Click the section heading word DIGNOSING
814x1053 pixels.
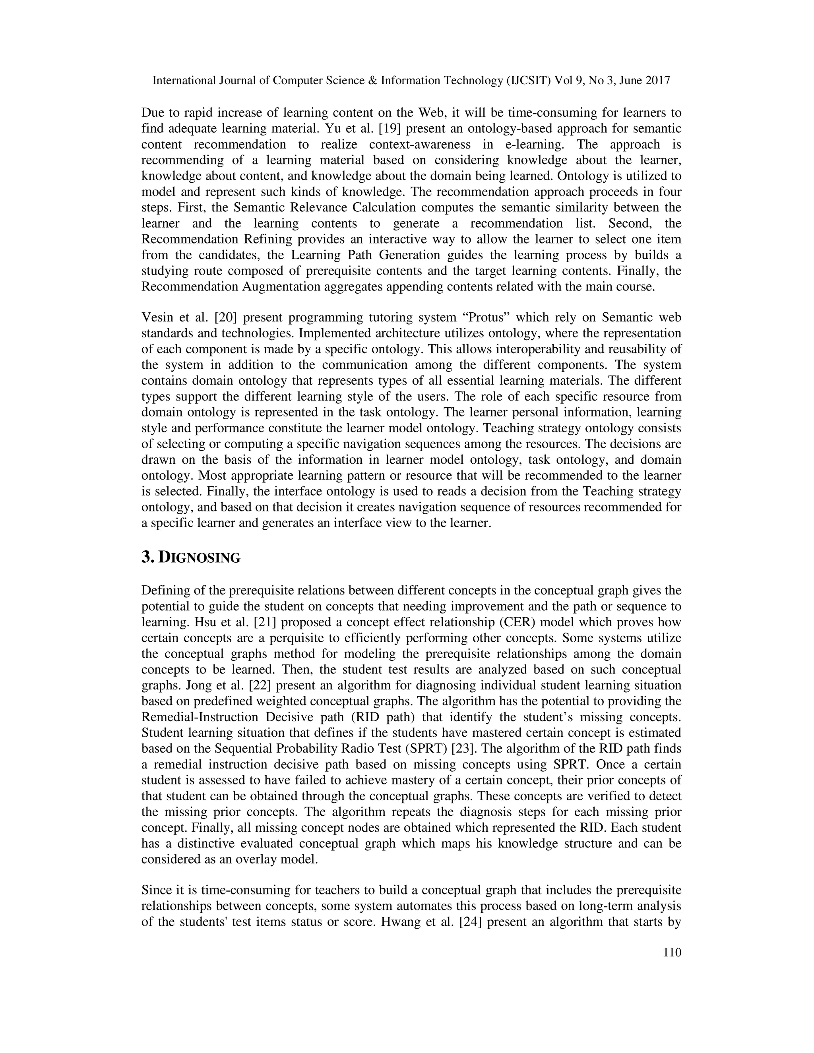pos(199,558)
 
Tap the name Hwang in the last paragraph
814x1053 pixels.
pos(400,922)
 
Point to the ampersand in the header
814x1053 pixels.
pos(373,81)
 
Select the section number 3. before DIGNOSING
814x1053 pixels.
pos(148,558)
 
